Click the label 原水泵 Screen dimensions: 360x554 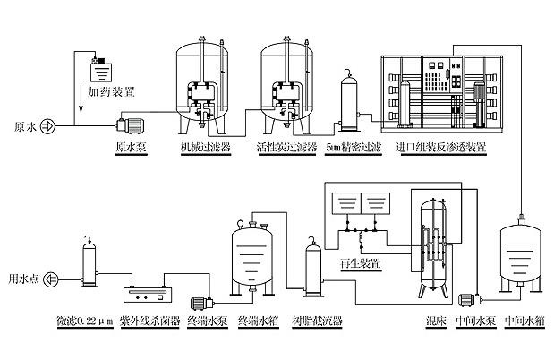point(131,147)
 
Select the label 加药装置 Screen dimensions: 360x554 point(112,90)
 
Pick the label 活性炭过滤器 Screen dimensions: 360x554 point(286,147)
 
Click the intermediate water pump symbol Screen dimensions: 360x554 point(470,301)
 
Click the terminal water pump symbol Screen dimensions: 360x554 point(203,301)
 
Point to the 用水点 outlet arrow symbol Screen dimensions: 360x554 point(51,279)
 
